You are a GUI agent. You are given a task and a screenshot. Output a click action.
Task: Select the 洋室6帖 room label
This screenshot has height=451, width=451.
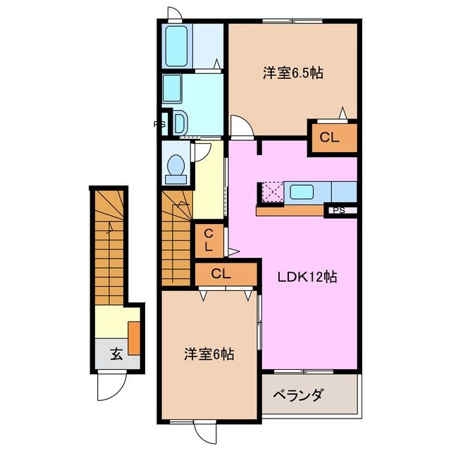tap(209, 354)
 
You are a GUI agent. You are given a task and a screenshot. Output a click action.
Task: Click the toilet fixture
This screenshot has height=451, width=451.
tap(174, 166)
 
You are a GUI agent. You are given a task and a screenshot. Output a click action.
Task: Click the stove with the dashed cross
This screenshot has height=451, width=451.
tap(272, 192)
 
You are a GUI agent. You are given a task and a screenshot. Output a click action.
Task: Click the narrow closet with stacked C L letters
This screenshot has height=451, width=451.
tap(210, 240)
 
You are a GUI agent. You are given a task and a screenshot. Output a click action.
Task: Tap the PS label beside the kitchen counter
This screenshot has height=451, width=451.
tap(339, 209)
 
